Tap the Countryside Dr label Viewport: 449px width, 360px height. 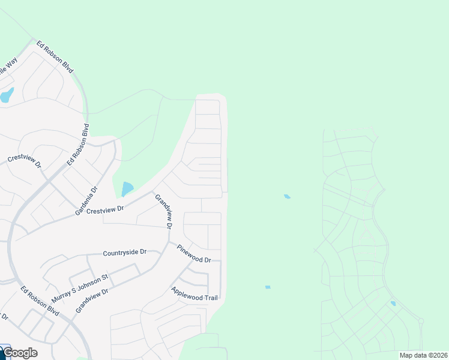(124, 253)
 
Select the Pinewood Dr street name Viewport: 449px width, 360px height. (193, 253)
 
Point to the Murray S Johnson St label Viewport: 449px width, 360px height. (79, 288)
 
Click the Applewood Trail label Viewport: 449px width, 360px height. (194, 293)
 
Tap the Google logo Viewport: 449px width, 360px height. (20, 353)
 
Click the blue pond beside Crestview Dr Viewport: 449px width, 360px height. (127, 189)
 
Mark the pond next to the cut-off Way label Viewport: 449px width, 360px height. (6, 95)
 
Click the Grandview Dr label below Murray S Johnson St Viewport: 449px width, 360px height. (91, 300)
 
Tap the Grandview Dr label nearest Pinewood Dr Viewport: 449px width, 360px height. (164, 212)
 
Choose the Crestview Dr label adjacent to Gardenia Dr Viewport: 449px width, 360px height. (104, 209)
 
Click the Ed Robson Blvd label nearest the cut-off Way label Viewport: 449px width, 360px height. (55, 58)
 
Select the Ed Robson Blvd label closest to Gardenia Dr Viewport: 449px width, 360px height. (78, 145)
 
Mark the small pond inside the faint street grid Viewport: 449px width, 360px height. (393, 304)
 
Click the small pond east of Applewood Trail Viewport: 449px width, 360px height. (268, 287)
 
